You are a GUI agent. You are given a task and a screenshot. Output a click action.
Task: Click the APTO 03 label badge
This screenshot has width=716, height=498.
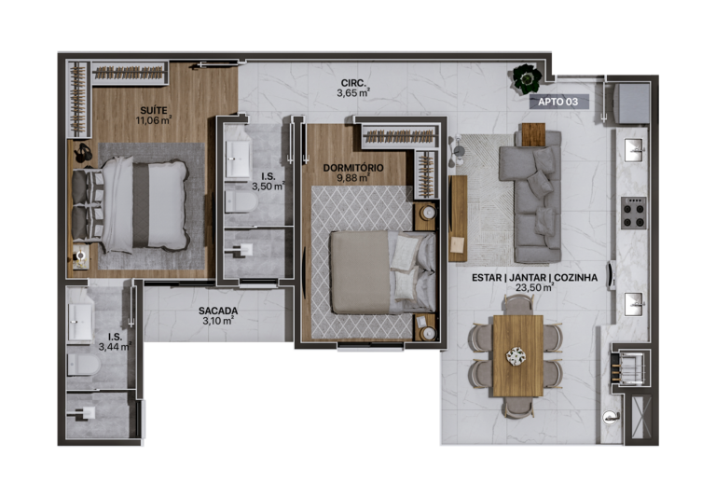tap(558, 102)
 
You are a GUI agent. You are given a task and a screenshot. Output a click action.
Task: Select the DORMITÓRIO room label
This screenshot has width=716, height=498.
tap(353, 168)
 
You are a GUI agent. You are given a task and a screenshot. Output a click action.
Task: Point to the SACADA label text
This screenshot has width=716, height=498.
tap(217, 311)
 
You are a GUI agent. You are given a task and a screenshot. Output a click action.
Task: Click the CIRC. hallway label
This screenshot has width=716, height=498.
tap(352, 82)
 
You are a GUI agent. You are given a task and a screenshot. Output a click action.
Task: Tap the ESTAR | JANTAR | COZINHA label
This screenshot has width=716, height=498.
tap(529, 277)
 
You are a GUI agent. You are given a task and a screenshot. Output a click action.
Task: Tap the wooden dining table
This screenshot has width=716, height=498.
tap(516, 355)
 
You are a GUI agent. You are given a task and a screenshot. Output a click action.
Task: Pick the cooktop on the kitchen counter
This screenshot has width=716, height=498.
tap(634, 214)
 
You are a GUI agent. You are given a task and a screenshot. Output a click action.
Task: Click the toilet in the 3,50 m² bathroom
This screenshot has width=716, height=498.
tap(240, 200)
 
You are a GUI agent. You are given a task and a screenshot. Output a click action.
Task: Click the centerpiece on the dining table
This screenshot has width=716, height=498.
tap(516, 355)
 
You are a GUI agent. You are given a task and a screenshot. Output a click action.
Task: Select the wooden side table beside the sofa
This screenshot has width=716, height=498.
tap(531, 136)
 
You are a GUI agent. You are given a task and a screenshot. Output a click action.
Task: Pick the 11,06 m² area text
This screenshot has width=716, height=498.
tap(154, 120)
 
